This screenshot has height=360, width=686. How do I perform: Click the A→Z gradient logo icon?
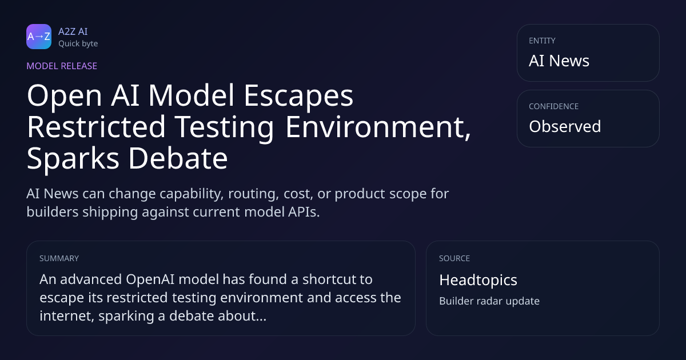point(39,37)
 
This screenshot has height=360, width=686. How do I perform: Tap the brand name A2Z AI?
point(73,31)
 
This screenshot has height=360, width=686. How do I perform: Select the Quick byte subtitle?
point(78,44)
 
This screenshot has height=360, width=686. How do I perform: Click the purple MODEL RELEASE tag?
point(62,66)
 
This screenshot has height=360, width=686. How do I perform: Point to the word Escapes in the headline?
point(298,96)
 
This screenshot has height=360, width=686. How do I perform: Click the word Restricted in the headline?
point(97,127)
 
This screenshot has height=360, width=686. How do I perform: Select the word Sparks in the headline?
point(73,159)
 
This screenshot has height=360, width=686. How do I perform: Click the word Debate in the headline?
point(178,158)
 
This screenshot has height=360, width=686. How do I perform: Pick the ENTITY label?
point(542,41)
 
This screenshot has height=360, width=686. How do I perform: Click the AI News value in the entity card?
point(559,61)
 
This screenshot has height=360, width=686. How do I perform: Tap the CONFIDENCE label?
point(554,106)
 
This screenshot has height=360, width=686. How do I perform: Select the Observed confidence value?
point(565,126)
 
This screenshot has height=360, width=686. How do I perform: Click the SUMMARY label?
point(59,258)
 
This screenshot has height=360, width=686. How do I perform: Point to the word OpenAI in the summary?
point(150,279)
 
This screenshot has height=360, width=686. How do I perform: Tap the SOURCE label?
point(454,258)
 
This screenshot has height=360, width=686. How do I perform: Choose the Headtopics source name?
point(478,280)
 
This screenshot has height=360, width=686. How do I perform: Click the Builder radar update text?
point(489,301)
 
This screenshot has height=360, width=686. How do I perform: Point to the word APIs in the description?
point(304,212)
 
